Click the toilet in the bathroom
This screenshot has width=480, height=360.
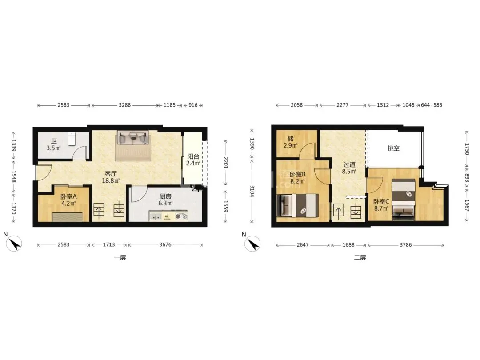pyautogui.click(x=71, y=138)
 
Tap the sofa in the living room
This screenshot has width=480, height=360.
pyautogui.click(x=133, y=138)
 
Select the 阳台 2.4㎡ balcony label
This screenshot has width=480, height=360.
pyautogui.click(x=193, y=160)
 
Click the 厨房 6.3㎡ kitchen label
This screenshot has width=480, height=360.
pyautogui.click(x=165, y=200)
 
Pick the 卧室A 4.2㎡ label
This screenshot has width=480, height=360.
pyautogui.click(x=68, y=200)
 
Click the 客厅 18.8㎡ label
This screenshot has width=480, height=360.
pyautogui.click(x=111, y=177)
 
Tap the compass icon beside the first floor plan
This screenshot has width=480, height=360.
pyautogui.click(x=14, y=244)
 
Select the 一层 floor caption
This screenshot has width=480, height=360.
pyautogui.click(x=120, y=257)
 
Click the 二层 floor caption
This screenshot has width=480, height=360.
pyautogui.click(x=360, y=257)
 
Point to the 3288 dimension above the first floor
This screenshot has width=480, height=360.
pyautogui.click(x=124, y=105)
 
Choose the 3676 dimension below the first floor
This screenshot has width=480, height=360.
pyautogui.click(x=165, y=244)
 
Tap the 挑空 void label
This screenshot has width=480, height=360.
pyautogui.click(x=393, y=148)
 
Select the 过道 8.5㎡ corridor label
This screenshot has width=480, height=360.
pyautogui.click(x=349, y=168)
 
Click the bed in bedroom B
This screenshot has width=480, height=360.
pyautogui.click(x=297, y=206)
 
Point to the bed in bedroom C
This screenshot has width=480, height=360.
pyautogui.click(x=404, y=200)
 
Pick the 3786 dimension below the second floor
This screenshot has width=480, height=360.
pyautogui.click(x=406, y=244)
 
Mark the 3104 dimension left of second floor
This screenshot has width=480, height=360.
pyautogui.click(x=252, y=191)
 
